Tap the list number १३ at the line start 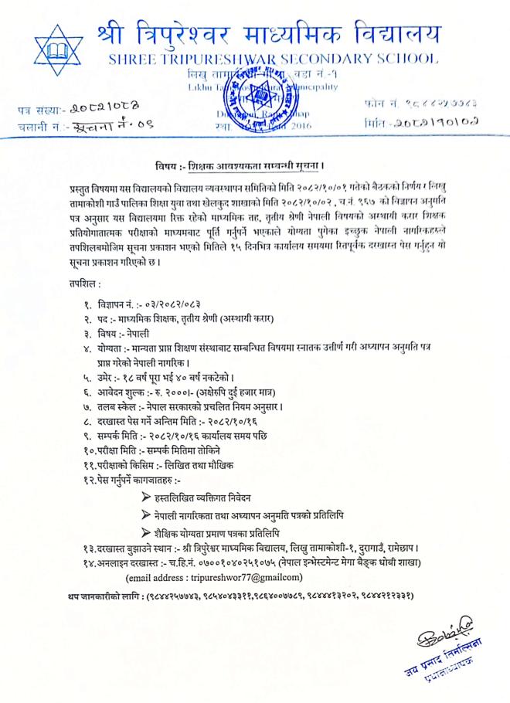(x=90, y=547)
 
